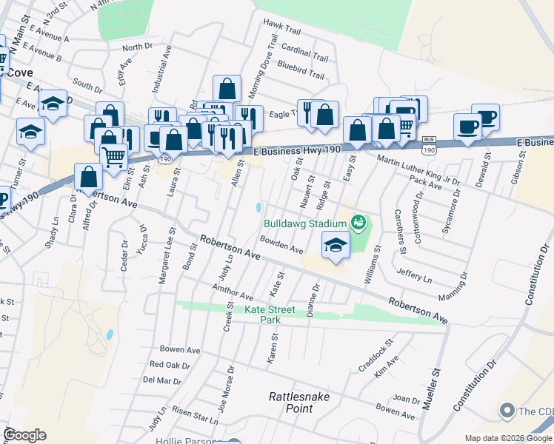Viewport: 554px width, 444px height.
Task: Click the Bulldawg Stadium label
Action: click(305, 223)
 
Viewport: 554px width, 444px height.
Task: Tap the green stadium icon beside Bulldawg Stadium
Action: click(358, 221)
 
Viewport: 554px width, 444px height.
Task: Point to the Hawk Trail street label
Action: click(282, 31)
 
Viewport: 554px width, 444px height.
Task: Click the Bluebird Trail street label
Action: click(301, 75)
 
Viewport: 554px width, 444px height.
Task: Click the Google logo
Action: click(25, 434)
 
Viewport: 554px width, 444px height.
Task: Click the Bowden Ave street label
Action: click(281, 245)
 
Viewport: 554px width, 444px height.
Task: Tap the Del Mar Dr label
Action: click(161, 380)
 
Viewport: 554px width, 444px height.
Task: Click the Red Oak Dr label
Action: click(170, 364)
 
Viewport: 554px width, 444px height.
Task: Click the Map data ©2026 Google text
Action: click(507, 438)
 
